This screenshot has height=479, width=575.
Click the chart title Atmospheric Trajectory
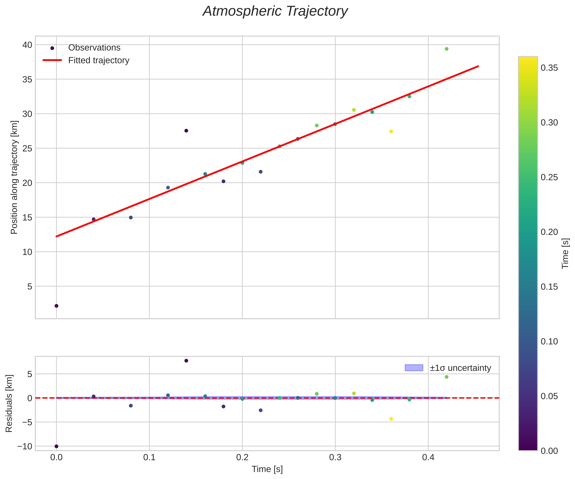[275, 12]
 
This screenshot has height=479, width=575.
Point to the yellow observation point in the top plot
[391, 131]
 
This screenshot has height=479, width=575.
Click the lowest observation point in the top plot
[56, 306]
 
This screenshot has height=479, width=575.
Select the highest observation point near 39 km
[447, 49]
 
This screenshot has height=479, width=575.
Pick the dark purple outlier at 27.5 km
[186, 131]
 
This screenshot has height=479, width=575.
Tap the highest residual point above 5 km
[186, 361]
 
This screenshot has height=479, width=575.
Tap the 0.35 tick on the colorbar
[549, 68]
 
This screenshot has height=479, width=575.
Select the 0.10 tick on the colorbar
[549, 341]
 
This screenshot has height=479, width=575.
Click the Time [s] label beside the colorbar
[565, 254]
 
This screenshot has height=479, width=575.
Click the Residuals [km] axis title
[9, 404]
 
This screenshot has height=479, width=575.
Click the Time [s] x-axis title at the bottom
[267, 469]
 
